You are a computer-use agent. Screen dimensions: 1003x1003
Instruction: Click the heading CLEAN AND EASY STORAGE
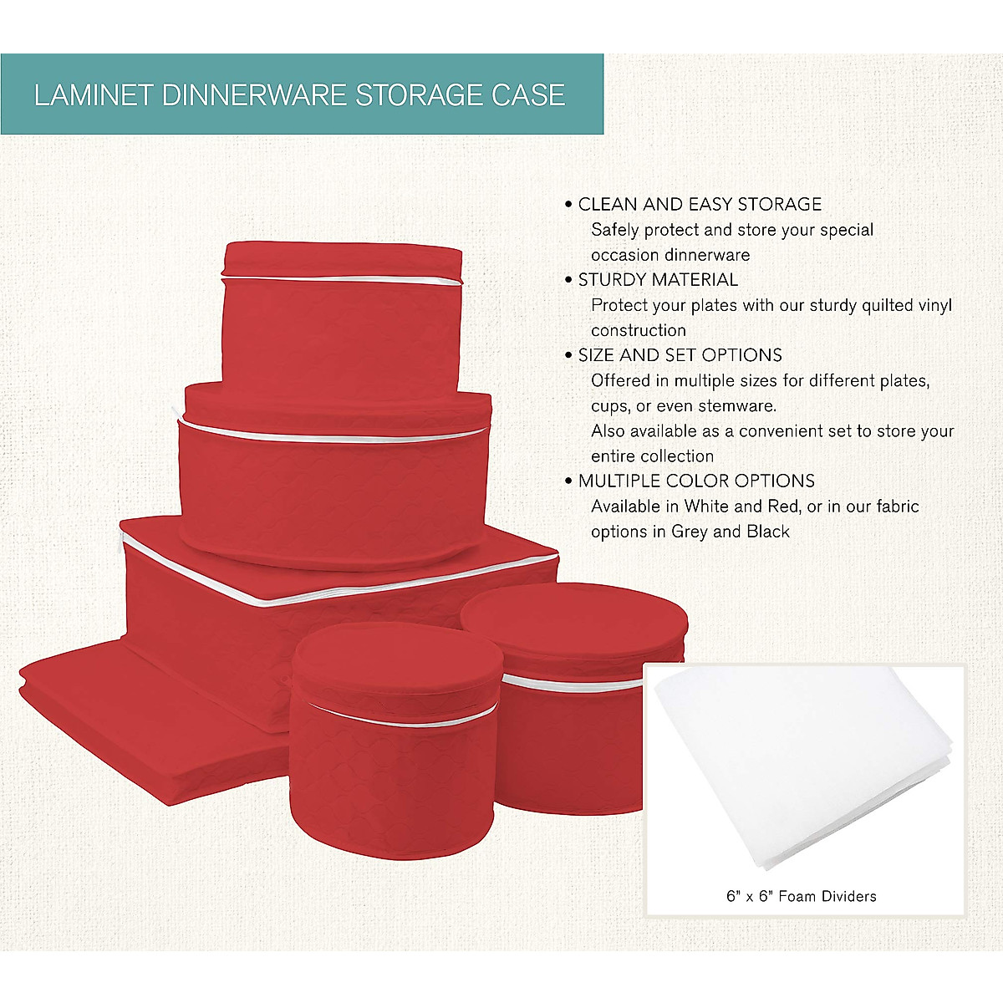click(700, 204)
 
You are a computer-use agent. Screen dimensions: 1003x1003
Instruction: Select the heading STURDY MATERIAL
click(658, 279)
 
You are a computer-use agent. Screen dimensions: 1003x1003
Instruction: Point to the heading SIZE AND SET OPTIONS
click(680, 354)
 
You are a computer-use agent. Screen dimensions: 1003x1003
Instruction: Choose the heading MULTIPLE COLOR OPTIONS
click(696, 481)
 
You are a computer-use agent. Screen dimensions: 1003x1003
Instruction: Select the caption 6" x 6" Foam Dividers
click(802, 896)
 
